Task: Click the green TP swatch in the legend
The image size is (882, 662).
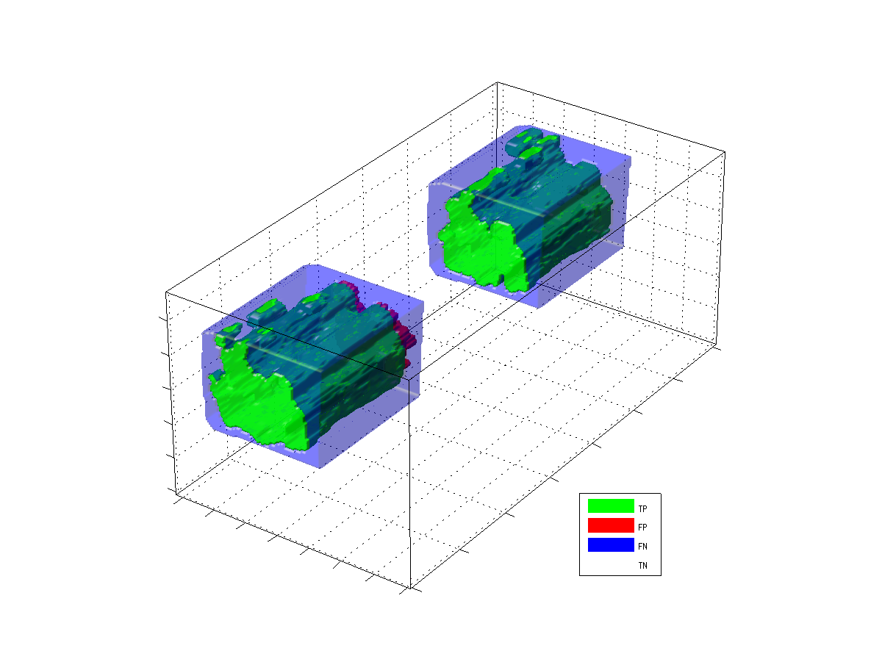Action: click(x=610, y=506)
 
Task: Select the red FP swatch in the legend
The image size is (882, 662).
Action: click(x=610, y=525)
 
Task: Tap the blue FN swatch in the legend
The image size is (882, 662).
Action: click(x=610, y=544)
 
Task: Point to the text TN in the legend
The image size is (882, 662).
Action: click(x=642, y=566)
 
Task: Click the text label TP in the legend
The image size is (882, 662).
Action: click(x=642, y=509)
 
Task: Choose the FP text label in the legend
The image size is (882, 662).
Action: click(x=642, y=527)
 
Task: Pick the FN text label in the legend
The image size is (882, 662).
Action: click(x=642, y=547)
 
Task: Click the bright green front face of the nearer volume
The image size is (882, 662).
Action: click(x=257, y=406)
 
